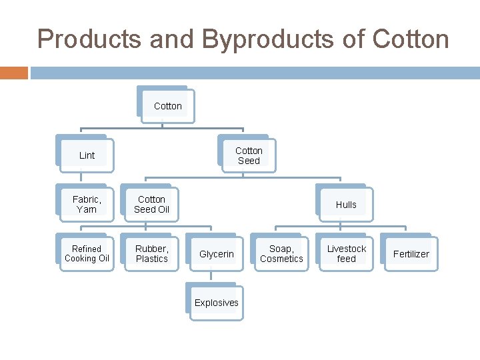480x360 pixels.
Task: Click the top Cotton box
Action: (x=167, y=106)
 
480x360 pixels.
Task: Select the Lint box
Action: (x=87, y=155)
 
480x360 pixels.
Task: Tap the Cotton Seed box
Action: (x=249, y=155)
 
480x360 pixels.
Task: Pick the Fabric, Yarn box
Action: (x=87, y=204)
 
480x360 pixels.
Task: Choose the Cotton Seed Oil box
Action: (x=151, y=204)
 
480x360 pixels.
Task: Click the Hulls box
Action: (x=346, y=205)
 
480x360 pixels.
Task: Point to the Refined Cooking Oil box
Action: (x=87, y=253)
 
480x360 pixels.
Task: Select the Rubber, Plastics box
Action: (x=151, y=253)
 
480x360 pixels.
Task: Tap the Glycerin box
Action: (x=217, y=254)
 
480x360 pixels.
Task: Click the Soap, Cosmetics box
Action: (x=281, y=253)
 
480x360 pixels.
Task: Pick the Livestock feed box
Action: (x=346, y=253)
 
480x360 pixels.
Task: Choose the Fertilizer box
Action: (x=411, y=254)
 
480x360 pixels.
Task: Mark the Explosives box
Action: (x=216, y=303)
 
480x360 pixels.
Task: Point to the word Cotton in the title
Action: (x=411, y=40)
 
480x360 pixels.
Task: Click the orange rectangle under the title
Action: (x=13, y=73)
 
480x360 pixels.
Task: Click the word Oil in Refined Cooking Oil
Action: (x=102, y=259)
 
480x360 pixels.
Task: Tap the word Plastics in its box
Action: (x=152, y=259)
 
